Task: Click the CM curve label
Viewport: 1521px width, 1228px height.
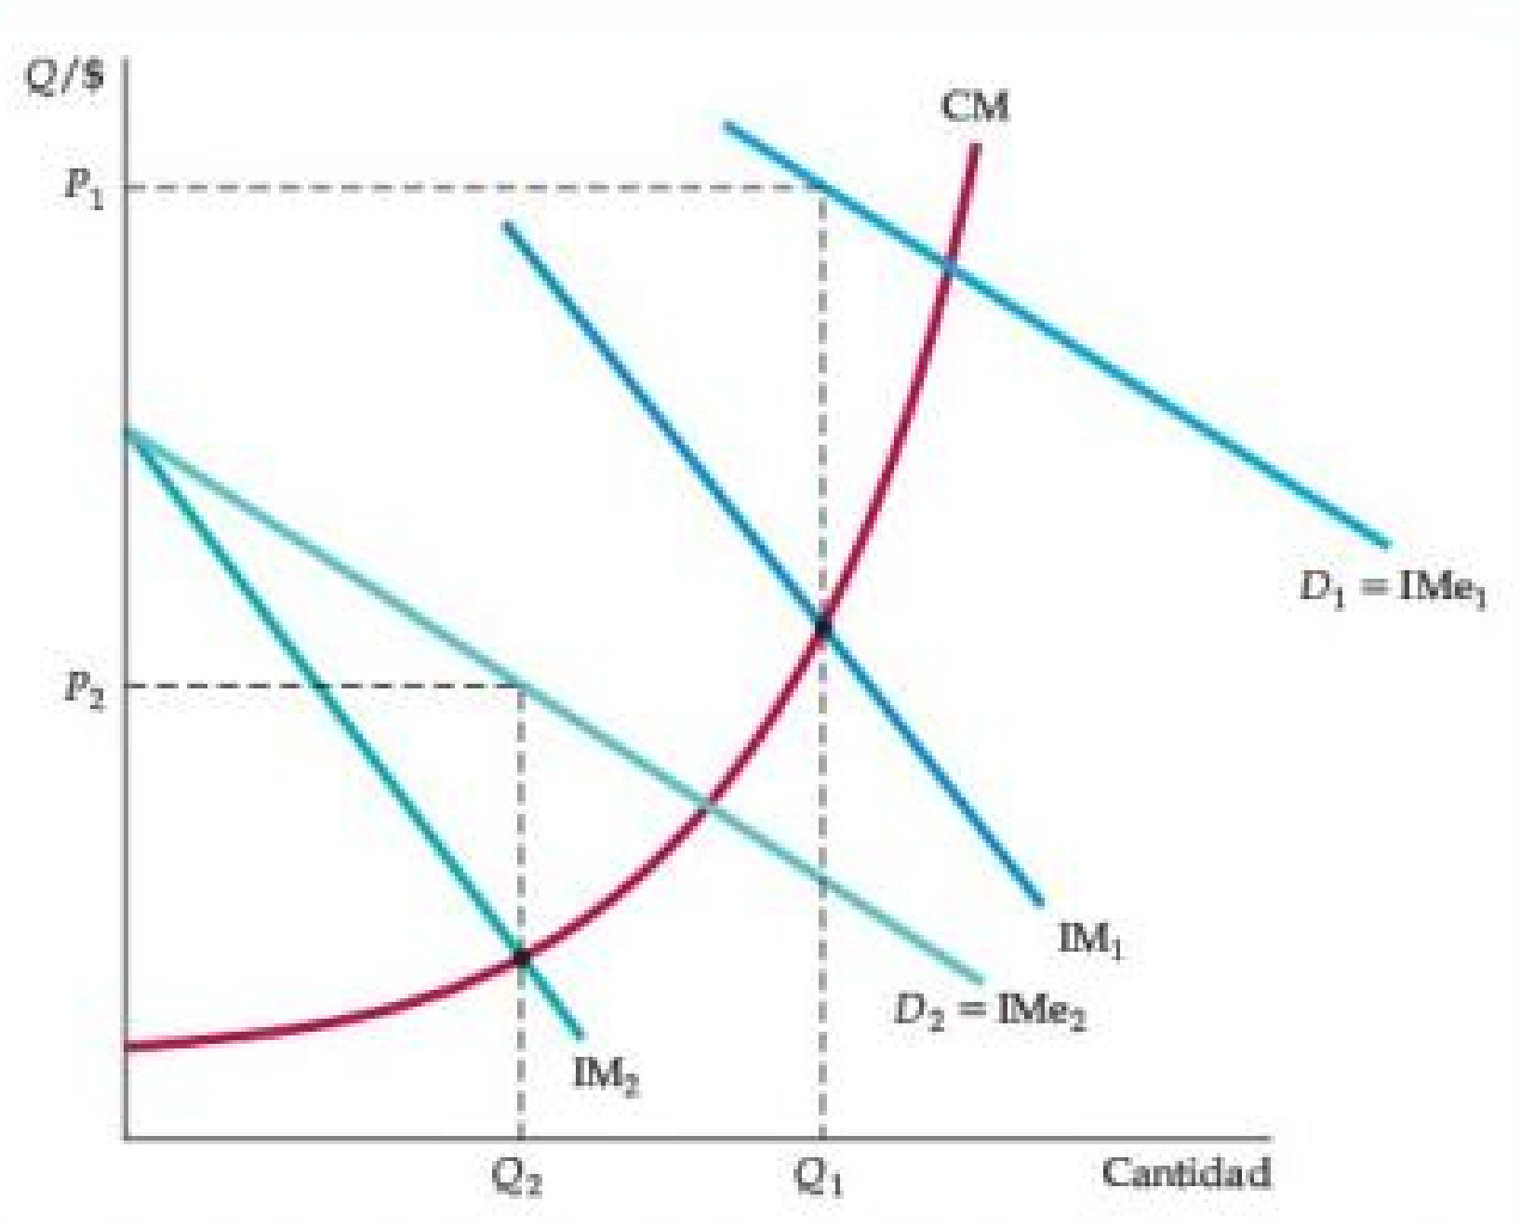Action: coord(974,107)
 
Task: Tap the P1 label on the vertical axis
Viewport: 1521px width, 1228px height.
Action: coord(84,188)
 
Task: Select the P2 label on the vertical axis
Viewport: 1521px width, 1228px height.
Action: coord(84,688)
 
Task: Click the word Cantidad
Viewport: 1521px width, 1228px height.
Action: coord(1186,1173)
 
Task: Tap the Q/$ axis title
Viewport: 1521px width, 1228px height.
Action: coord(65,77)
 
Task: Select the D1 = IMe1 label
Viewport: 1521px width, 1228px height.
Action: coord(1393,589)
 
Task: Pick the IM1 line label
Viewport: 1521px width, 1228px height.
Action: coord(1091,940)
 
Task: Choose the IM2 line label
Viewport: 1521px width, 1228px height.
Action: coord(606,1075)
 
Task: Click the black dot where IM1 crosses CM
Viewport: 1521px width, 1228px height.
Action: coord(822,628)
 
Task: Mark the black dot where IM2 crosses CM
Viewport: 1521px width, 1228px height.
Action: coord(521,956)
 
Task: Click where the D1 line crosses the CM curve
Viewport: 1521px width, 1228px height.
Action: coord(949,267)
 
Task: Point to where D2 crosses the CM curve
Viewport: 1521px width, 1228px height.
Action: coord(708,806)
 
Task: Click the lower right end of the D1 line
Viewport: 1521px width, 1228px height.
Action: coord(1386,545)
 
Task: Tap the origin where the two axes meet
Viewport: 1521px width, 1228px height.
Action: coord(127,1137)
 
